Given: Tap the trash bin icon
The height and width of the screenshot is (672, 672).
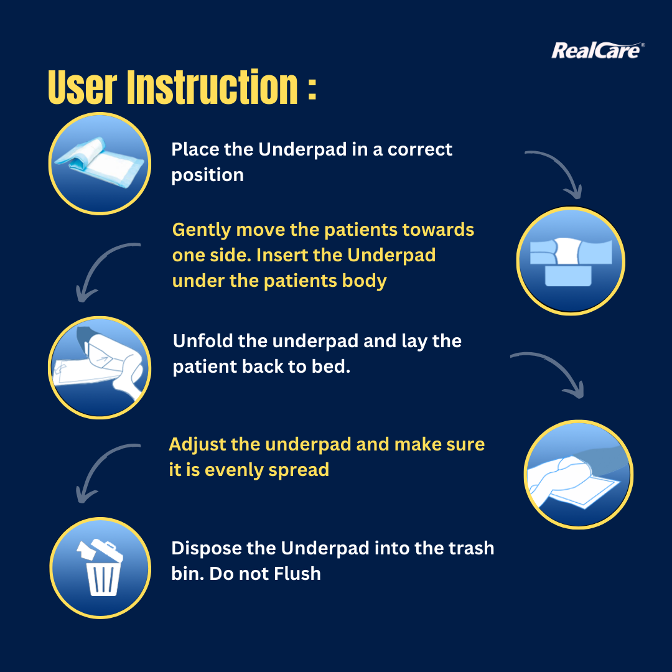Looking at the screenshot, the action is pos(100,567).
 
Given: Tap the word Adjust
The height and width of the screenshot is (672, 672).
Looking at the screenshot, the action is pos(197,445).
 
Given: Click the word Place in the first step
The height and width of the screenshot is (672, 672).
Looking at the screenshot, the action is pos(195,149).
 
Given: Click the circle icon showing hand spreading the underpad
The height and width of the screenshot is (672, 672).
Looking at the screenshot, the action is pos(579,474).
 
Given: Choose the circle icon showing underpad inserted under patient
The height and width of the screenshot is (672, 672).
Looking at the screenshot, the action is pos(571,261).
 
